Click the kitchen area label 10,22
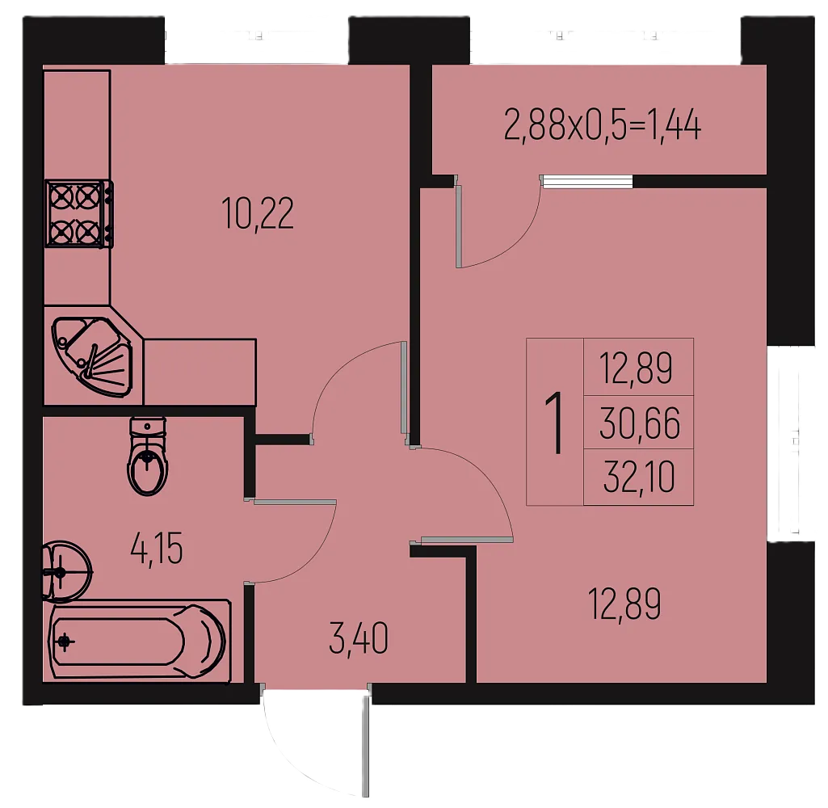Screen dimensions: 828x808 [258, 213]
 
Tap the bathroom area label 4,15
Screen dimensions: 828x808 [156, 549]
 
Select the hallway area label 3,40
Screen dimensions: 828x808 [359, 638]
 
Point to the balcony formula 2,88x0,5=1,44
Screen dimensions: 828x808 [603, 125]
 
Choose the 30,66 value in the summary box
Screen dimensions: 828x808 [640, 423]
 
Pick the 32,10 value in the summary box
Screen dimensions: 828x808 [639, 477]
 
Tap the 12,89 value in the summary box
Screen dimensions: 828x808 [636, 368]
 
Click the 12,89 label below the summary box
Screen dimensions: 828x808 [624, 604]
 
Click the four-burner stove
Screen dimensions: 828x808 [79, 213]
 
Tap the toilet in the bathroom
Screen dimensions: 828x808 [147, 457]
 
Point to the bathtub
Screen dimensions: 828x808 [140, 642]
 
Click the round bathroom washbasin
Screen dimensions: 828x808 [66, 571]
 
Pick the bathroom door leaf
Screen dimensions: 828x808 [295, 502]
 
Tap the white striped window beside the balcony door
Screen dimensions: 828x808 [586, 181]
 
